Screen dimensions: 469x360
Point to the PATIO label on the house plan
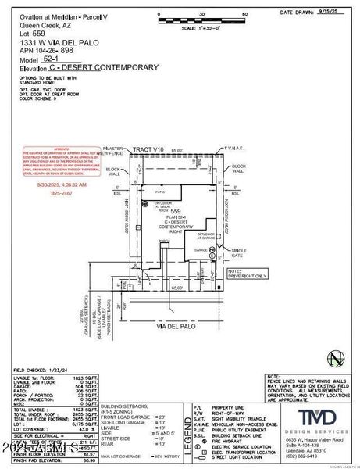162,190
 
